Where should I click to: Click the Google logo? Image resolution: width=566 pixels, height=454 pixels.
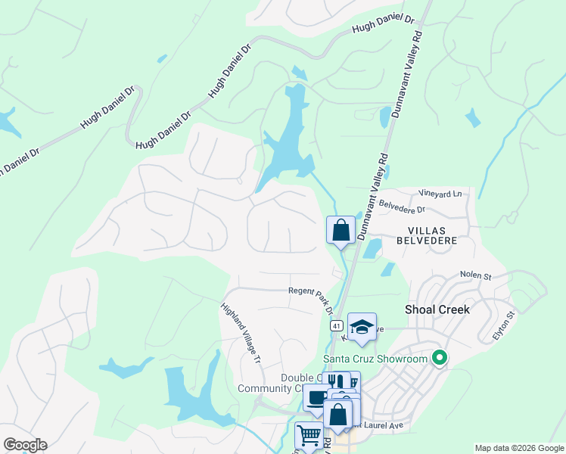pyautogui.click(x=25, y=445)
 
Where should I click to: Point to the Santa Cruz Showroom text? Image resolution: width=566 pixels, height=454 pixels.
pyautogui.click(x=375, y=359)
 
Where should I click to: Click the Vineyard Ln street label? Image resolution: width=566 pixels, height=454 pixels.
pyautogui.click(x=440, y=194)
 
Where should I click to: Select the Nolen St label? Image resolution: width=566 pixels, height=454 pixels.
pyautogui.click(x=476, y=276)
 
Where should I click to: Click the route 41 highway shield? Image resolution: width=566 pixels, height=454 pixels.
pyautogui.click(x=336, y=325)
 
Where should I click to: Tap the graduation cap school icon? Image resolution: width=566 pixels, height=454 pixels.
pyautogui.click(x=362, y=327)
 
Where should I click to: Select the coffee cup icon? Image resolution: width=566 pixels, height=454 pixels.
pyautogui.click(x=316, y=396)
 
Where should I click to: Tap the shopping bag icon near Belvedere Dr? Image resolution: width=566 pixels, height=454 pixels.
pyautogui.click(x=341, y=229)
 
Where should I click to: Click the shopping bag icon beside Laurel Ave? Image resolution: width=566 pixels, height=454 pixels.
pyautogui.click(x=337, y=413)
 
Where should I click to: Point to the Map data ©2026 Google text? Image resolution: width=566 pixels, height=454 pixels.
pyautogui.click(x=518, y=448)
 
